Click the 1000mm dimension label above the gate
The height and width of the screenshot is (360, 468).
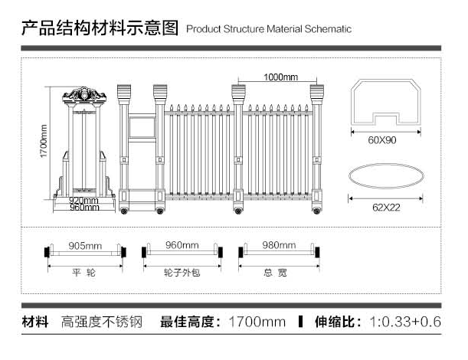[x=280, y=77]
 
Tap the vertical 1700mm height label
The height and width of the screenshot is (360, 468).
[x=44, y=142]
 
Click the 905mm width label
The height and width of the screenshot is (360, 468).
[x=85, y=246]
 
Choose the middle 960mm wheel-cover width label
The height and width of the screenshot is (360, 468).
[x=182, y=246]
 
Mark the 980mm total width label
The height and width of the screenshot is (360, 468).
[x=279, y=246]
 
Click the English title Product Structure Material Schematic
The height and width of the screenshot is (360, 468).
[x=269, y=29]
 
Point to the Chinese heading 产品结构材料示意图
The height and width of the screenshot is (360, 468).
[x=100, y=28]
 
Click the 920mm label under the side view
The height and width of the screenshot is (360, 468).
[x=85, y=201]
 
